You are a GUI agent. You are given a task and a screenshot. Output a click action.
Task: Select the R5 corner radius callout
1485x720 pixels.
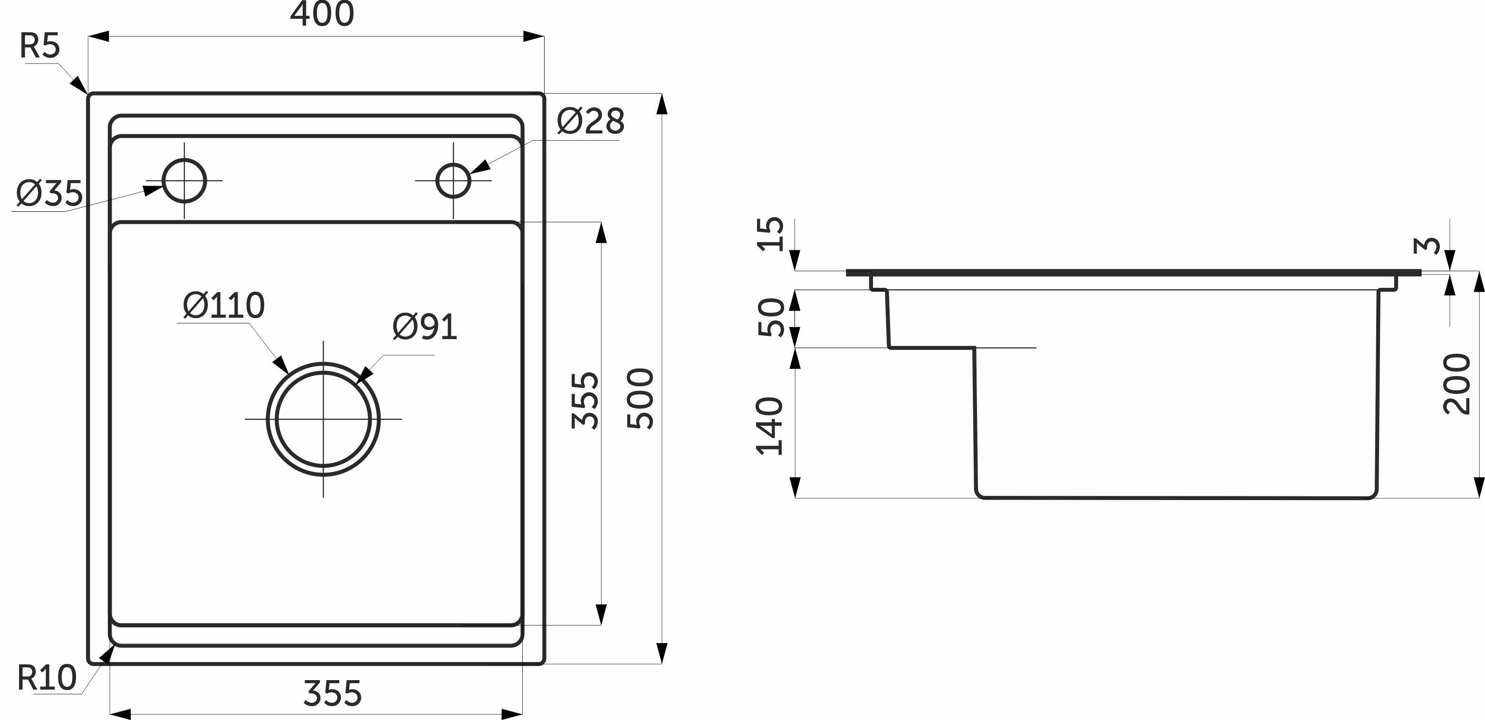[40, 46]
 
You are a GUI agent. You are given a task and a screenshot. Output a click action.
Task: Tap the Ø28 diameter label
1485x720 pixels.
[591, 122]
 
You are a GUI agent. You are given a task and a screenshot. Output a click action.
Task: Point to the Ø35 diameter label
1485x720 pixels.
[49, 194]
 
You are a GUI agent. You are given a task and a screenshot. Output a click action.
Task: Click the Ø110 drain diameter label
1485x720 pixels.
[224, 305]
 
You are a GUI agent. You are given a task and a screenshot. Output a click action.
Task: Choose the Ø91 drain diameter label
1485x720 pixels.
[425, 328]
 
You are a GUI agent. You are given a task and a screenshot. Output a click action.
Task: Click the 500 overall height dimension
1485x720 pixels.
[641, 398]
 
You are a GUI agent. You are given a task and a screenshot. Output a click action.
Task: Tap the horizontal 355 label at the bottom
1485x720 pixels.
[333, 693]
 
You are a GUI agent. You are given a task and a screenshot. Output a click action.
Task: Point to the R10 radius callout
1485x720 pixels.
[47, 678]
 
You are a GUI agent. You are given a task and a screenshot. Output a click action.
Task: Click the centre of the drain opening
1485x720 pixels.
[324, 419]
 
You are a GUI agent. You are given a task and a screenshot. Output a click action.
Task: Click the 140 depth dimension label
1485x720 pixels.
[770, 426]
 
